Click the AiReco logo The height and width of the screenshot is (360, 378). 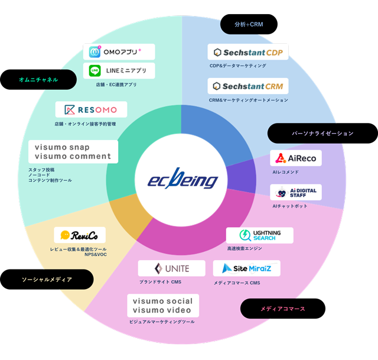(296, 158)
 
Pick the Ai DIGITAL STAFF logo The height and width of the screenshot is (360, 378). (296, 193)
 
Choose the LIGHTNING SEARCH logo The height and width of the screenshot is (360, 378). (260, 235)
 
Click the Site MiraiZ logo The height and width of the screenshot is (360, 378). (247, 268)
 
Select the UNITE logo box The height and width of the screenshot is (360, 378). (172, 268)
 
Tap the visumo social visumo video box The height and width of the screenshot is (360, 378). (162, 306)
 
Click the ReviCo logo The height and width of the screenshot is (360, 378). (79, 235)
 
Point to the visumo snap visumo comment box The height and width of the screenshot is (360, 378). (73, 151)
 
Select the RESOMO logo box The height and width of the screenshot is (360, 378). (91, 110)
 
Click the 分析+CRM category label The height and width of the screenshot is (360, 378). (249, 24)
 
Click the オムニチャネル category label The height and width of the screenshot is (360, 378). (38, 79)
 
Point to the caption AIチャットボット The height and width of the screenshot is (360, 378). (291, 206)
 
